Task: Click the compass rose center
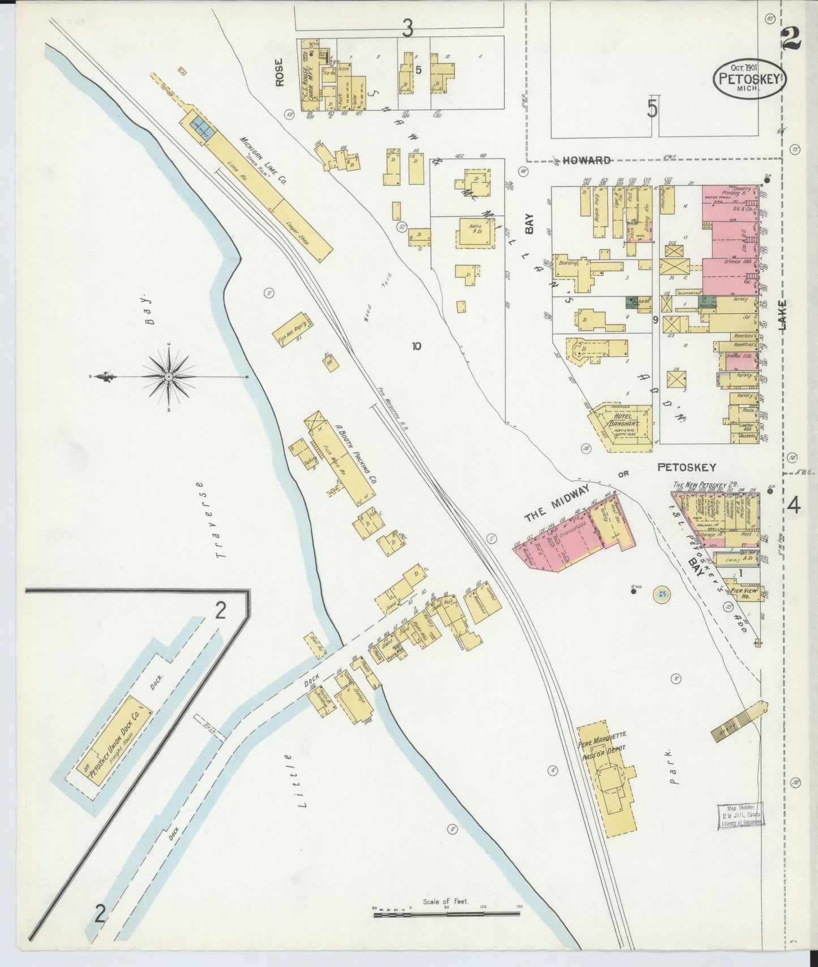[x=169, y=377]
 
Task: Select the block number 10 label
[x=417, y=346]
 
